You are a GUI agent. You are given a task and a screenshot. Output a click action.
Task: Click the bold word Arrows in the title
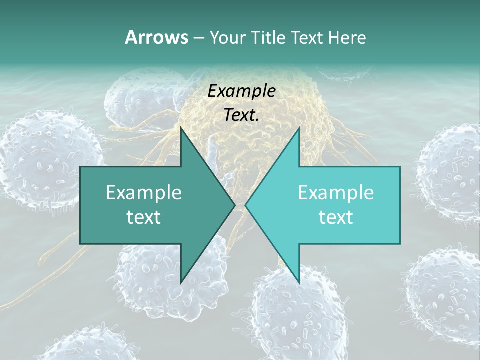pos(156,37)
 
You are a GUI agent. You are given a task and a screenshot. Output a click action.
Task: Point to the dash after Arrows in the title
pos(198,38)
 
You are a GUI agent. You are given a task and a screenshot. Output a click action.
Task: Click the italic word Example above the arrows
pos(241,91)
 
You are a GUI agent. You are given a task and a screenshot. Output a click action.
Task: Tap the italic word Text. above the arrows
pos(241,115)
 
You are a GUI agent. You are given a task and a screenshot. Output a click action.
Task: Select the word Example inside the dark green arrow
pos(144,192)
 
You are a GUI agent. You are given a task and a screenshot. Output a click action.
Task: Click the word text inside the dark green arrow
pos(144,217)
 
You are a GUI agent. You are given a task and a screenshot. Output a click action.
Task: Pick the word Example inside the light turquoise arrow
pos(336,192)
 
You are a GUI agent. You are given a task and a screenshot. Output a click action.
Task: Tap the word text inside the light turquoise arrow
pos(336,217)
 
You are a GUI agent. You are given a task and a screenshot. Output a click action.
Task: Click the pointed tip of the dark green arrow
pos(235,205)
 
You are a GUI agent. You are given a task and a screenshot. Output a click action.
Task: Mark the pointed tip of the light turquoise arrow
pos(245,205)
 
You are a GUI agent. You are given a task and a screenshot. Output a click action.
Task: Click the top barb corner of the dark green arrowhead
pos(181,128)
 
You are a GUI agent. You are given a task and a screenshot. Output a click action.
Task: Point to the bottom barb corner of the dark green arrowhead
pos(181,283)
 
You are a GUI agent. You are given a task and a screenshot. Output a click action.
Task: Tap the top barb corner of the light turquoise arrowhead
pos(299,128)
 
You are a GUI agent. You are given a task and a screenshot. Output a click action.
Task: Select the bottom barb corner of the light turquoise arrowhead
pos(299,283)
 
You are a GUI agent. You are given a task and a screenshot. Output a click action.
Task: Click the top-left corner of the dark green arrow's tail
pos(81,167)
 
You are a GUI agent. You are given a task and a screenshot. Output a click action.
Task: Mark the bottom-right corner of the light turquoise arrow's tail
pos(399,243)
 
